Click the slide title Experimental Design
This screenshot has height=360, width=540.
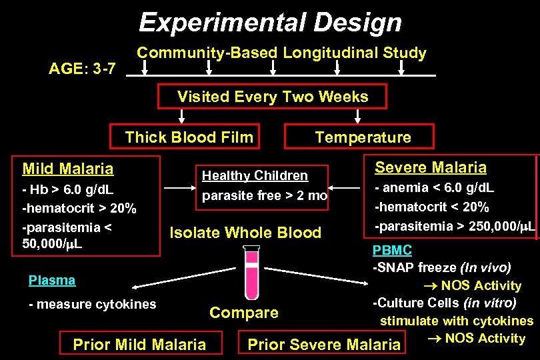click(270, 23)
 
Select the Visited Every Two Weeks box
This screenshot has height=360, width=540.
click(272, 97)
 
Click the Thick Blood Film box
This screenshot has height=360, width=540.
click(189, 137)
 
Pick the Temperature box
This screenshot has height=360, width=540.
click(363, 137)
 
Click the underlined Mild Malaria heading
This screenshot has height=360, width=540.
click(67, 169)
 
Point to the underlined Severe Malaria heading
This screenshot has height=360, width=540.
click(430, 167)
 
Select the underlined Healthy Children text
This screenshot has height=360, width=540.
click(255, 176)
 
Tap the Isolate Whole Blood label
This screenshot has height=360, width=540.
click(245, 233)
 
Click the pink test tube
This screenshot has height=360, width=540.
click(252, 271)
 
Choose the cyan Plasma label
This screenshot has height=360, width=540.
click(52, 281)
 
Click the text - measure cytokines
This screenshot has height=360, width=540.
click(92, 305)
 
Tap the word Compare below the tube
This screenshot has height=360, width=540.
click(243, 313)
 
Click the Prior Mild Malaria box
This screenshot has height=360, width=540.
click(139, 345)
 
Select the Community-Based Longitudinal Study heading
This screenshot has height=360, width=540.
click(281, 53)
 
